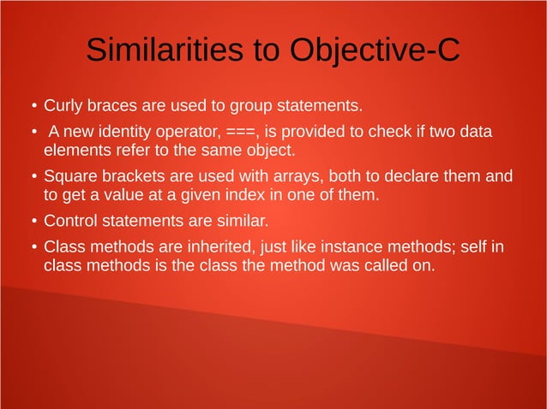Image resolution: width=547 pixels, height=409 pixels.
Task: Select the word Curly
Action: click(63, 107)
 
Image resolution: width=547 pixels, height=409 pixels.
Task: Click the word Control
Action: click(69, 222)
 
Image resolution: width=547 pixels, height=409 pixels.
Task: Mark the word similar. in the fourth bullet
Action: click(243, 222)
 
